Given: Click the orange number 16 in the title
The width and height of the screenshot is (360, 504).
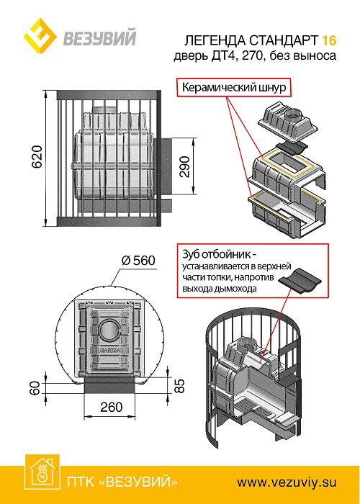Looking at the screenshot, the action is pos(329,40).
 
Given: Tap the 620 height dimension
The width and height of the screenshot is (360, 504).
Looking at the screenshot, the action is pos(38,157).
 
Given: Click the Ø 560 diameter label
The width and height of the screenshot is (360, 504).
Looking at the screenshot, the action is pos(138,261).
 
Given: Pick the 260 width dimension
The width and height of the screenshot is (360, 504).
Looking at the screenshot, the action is pos(111,407).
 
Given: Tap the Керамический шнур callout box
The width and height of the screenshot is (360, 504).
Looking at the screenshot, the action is pos(234,87).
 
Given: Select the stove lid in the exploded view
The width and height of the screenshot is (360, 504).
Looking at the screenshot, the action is pos(288,122).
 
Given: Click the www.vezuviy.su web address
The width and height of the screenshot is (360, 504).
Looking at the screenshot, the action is pos(287,482).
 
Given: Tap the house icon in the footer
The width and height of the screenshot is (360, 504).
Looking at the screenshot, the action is pos(42,472).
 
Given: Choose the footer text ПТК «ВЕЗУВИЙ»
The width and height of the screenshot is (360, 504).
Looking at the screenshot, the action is pos(122,482).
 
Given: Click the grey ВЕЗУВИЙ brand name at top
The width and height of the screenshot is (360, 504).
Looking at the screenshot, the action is pos(99,37).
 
